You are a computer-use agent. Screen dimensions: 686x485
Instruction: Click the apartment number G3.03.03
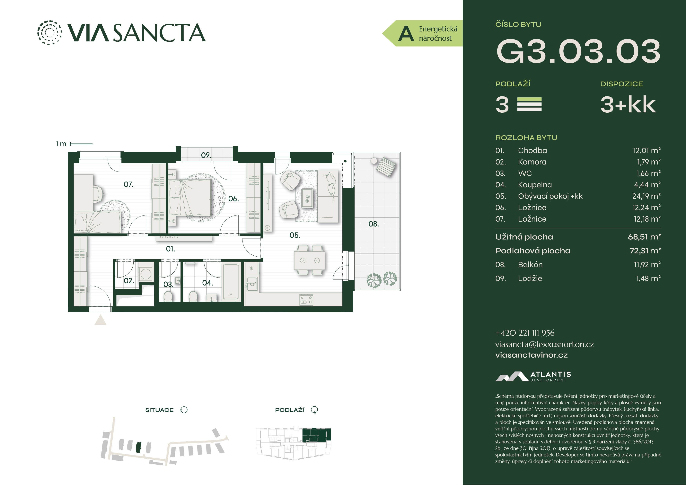[578, 51]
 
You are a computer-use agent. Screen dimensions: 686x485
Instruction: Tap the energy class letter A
[406, 33]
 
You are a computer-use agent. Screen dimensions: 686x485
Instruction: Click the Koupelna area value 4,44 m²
[647, 185]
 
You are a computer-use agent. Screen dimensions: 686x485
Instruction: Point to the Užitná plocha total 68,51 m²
[645, 237]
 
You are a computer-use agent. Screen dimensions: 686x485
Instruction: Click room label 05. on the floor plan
[295, 235]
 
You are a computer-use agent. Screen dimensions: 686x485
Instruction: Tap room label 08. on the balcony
[374, 224]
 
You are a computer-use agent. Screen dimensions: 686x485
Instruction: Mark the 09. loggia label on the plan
[206, 155]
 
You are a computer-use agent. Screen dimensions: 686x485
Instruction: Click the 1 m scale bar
[81, 144]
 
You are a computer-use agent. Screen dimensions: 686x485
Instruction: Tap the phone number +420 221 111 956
[525, 333]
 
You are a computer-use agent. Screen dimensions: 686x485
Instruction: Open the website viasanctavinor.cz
[531, 355]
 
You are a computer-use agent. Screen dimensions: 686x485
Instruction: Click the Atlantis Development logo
[533, 376]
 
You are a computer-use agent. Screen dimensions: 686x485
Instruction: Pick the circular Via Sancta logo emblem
[50, 33]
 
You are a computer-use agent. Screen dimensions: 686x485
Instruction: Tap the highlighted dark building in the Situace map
[138, 447]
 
